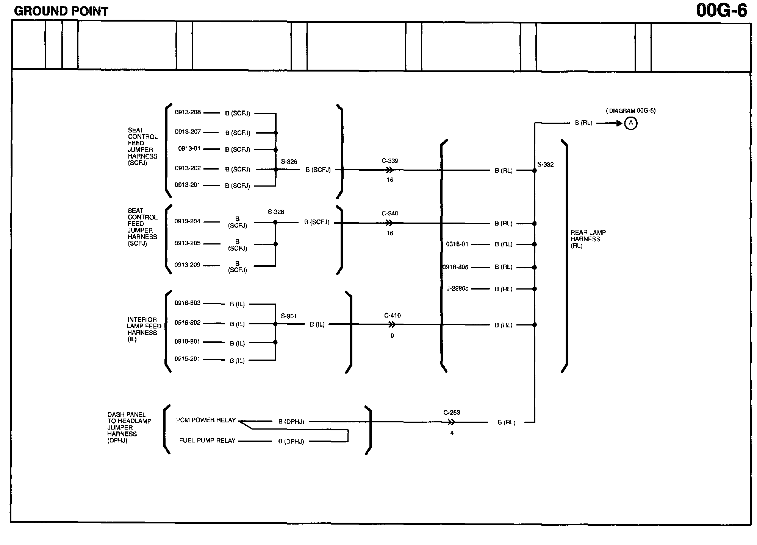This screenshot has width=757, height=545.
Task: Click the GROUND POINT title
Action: pyautogui.click(x=61, y=11)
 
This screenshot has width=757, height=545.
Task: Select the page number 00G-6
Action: pyautogui.click(x=721, y=11)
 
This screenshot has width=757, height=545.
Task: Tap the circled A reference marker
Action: pyautogui.click(x=630, y=123)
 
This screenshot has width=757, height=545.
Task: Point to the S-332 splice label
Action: pyautogui.click(x=545, y=165)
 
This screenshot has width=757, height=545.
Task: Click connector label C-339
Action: pyautogui.click(x=390, y=161)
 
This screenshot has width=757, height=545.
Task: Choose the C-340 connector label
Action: pyautogui.click(x=390, y=213)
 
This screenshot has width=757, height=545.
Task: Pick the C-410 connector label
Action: pyautogui.click(x=392, y=315)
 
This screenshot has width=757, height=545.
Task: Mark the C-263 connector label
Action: pyautogui.click(x=452, y=413)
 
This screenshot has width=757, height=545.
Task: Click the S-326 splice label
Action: pyautogui.click(x=289, y=162)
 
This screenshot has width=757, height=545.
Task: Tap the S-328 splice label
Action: pyautogui.click(x=276, y=212)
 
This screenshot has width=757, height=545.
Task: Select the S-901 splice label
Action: pyautogui.click(x=288, y=316)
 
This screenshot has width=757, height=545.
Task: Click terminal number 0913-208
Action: pyautogui.click(x=188, y=112)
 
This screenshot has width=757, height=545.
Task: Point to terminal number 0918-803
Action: pyautogui.click(x=188, y=303)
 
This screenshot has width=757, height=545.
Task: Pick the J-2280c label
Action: pyautogui.click(x=457, y=288)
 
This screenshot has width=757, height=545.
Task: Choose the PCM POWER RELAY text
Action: pyautogui.click(x=206, y=420)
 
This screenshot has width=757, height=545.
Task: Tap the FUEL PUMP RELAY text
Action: pyautogui.click(x=207, y=441)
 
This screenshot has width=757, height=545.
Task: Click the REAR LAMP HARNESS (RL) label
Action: pyautogui.click(x=588, y=239)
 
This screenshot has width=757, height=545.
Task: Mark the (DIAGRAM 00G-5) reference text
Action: pyautogui.click(x=630, y=111)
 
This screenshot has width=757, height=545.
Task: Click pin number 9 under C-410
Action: pyautogui.click(x=392, y=336)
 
